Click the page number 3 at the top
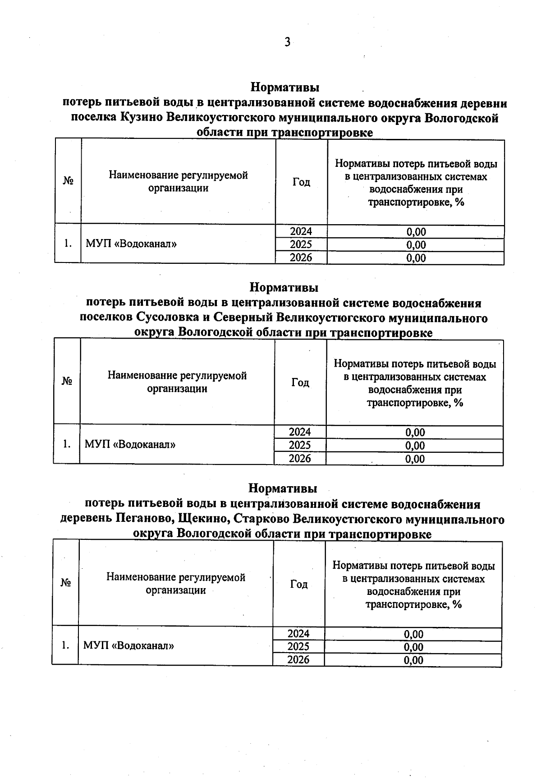point(287,42)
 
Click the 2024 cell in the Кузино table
point(301,232)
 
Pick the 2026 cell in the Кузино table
point(301,258)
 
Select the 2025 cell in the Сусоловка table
point(300,446)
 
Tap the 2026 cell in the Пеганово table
point(298,660)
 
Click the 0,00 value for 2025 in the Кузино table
point(416,245)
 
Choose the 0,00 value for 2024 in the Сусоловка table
point(415,433)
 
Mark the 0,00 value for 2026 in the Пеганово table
point(413,660)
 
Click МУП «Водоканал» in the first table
point(131,244)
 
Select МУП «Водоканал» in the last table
point(129,645)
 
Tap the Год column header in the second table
point(300,382)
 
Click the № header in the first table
point(68,181)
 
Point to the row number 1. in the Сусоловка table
point(67,444)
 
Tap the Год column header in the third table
point(299,584)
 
